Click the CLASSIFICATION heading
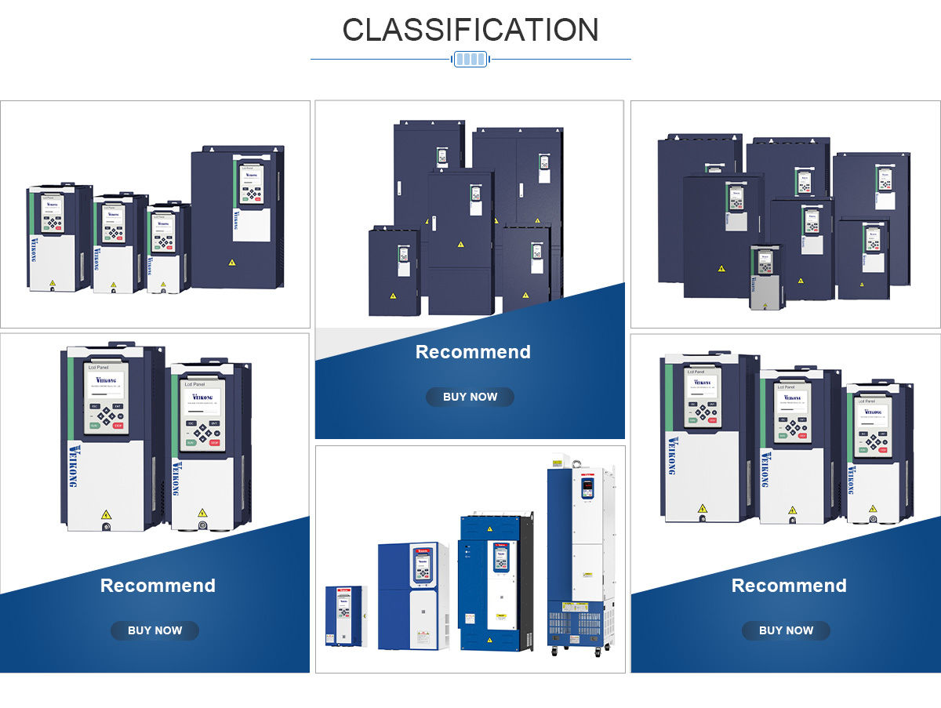click(470, 30)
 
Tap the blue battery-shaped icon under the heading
click(470, 59)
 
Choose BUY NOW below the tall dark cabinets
click(470, 397)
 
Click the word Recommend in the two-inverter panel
click(158, 586)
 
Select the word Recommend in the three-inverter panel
click(789, 586)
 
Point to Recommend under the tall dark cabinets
click(473, 352)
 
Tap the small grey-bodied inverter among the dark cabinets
click(766, 278)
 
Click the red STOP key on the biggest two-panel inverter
click(118, 426)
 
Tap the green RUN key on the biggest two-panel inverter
click(94, 426)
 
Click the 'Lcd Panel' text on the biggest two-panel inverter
click(100, 366)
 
